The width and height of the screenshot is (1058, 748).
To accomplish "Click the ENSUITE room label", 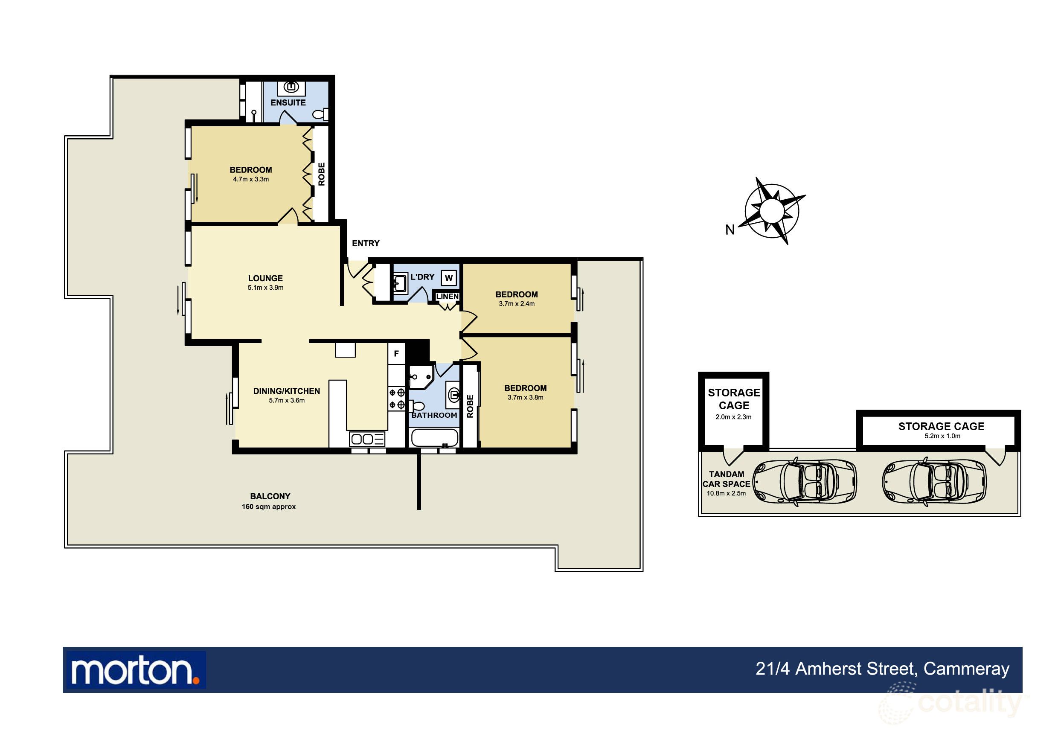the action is pyautogui.click(x=288, y=102).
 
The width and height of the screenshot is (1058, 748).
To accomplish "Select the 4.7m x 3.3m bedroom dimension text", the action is pyautogui.click(x=251, y=179).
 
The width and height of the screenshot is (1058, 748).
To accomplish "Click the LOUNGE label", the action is pyautogui.click(x=265, y=278).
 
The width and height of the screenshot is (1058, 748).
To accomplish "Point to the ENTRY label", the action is pyautogui.click(x=366, y=243).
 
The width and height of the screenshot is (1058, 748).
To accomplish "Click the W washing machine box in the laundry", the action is pyautogui.click(x=449, y=278).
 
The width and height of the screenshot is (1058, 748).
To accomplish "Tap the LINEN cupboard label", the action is pyautogui.click(x=448, y=297).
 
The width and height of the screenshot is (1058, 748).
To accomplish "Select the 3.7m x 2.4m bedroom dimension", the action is pyautogui.click(x=517, y=304).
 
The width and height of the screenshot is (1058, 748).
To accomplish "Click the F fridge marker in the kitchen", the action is pyautogui.click(x=396, y=353).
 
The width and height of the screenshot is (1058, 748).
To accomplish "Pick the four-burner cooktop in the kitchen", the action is pyautogui.click(x=397, y=399).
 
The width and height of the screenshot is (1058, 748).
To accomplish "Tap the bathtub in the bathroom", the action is pyautogui.click(x=435, y=438).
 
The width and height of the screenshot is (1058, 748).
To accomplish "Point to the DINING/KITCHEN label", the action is pyautogui.click(x=287, y=391).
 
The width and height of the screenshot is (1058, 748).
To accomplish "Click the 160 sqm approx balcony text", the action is pyautogui.click(x=269, y=506).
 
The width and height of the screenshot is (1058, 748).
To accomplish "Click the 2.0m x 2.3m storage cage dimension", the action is pyautogui.click(x=734, y=417).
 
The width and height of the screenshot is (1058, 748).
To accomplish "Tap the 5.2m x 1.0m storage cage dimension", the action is pyautogui.click(x=942, y=436).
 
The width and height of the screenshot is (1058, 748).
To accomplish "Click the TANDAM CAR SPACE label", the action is pyautogui.click(x=727, y=479).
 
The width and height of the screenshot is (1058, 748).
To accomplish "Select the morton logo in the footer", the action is pyautogui.click(x=135, y=670).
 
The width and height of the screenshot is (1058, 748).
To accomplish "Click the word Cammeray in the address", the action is pyautogui.click(x=966, y=669).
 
